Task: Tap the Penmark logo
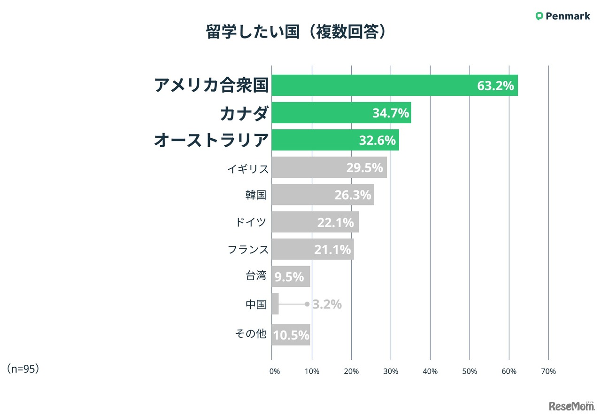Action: click(x=562, y=16)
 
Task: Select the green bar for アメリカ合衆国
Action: click(x=376, y=86)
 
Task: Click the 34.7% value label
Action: click(x=391, y=113)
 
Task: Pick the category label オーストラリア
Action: click(x=211, y=140)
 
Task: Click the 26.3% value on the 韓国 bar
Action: click(x=353, y=195)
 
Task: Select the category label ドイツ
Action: click(x=251, y=222)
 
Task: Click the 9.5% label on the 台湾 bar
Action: click(x=289, y=277)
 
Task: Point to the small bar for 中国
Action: click(x=275, y=304)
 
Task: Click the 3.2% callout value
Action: click(x=327, y=305)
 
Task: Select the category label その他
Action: click(x=251, y=334)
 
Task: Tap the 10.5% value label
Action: click(x=291, y=335)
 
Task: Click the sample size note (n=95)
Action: click(x=23, y=369)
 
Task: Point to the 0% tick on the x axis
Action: click(x=274, y=371)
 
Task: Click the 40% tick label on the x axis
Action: click(x=430, y=371)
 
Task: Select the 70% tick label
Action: click(x=548, y=371)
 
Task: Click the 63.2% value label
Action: click(x=495, y=86)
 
